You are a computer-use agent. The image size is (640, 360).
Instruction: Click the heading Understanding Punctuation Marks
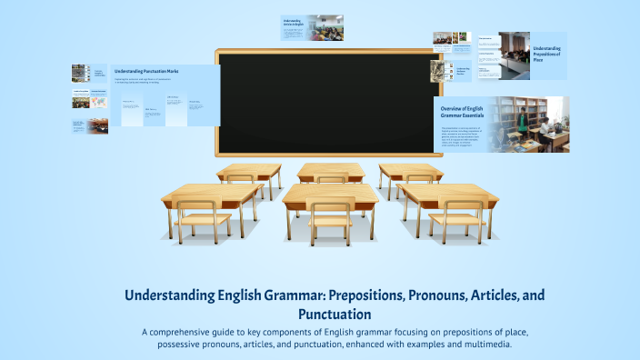click(x=145, y=71)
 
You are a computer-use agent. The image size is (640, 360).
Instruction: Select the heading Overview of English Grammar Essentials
click(x=461, y=114)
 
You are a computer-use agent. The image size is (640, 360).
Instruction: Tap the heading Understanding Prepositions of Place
click(x=547, y=53)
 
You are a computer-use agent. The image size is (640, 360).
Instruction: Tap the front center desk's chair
click(x=329, y=218)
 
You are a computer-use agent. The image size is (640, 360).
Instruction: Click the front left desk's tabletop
click(x=211, y=194)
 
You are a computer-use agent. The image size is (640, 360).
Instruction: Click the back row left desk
click(x=248, y=171)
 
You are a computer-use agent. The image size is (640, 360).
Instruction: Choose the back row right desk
click(x=411, y=171)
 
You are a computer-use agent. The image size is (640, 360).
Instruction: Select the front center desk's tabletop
click(x=330, y=194)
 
